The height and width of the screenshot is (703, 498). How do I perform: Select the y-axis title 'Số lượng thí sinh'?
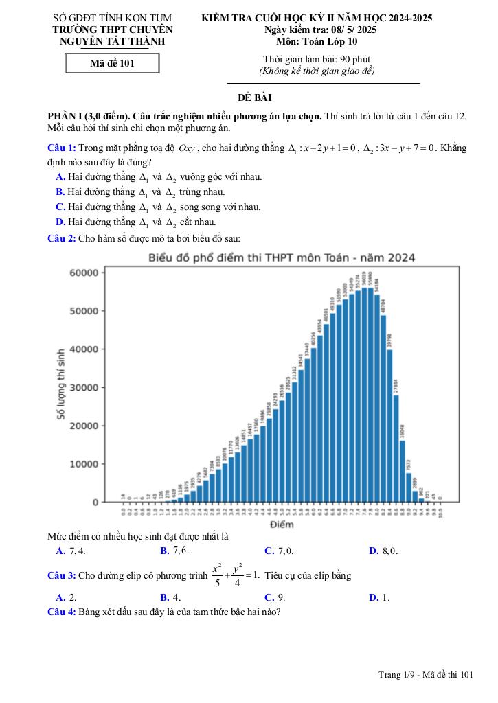click(x=61, y=382)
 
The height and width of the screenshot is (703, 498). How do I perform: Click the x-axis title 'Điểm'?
click(x=282, y=525)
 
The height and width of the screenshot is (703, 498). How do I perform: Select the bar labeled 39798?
click(x=389, y=426)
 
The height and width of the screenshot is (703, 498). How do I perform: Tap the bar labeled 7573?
click(x=409, y=487)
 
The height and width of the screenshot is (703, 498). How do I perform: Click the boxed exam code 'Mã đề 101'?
click(x=112, y=64)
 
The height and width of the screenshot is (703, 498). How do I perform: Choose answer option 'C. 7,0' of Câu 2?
click(x=279, y=551)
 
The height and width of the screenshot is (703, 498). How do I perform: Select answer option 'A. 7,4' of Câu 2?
click(x=71, y=551)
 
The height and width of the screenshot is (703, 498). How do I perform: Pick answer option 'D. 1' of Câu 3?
click(x=379, y=597)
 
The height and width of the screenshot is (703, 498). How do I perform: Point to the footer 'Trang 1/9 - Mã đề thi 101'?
click(x=426, y=676)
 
